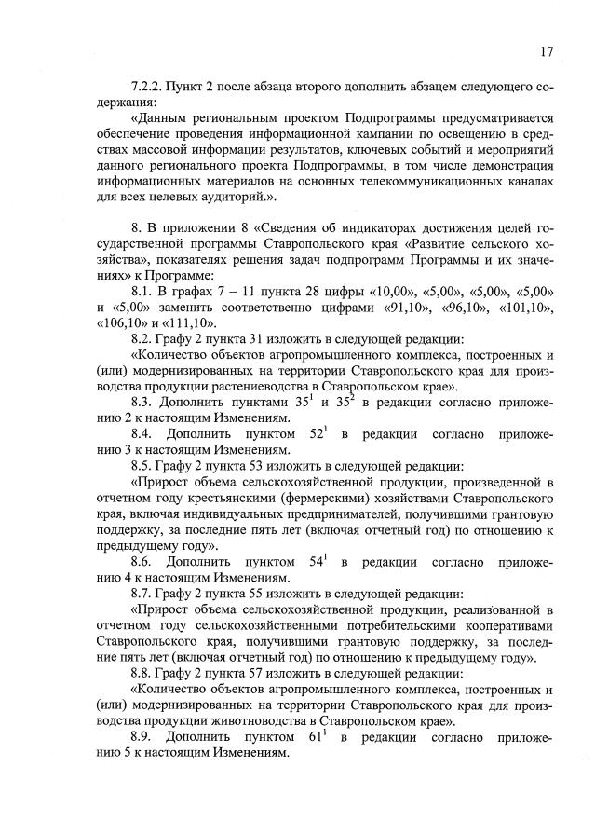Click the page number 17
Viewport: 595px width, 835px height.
coord(546,51)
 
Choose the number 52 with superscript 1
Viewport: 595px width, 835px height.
coord(317,434)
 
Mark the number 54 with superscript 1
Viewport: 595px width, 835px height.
coord(317,563)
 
